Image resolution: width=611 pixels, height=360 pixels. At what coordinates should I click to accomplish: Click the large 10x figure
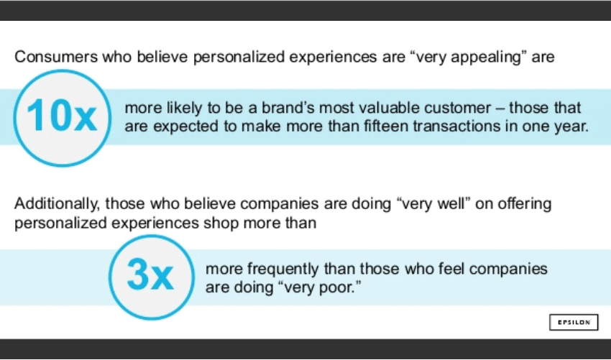(x=62, y=115)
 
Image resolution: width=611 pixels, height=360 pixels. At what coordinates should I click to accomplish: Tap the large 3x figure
(x=150, y=274)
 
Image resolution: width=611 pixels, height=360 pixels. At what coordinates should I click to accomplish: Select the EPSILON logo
(x=574, y=322)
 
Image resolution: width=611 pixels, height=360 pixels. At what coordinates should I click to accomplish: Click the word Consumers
(x=56, y=57)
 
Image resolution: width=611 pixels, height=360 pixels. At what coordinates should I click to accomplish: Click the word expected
(x=186, y=127)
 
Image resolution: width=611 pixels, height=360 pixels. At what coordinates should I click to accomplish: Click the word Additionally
(x=57, y=204)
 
